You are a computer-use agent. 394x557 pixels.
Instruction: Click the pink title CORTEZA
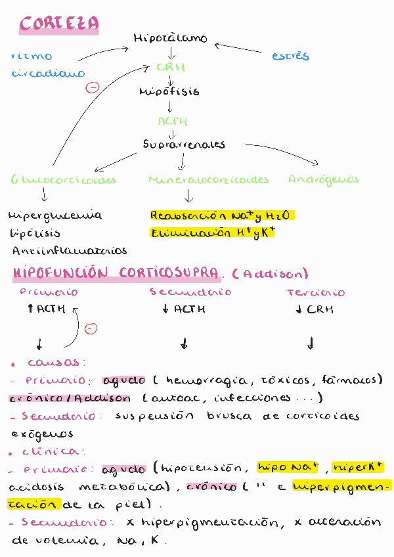59,24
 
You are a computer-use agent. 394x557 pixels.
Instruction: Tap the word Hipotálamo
170,39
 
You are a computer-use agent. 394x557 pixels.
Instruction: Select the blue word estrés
290,56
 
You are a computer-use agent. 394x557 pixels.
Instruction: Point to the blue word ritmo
32,56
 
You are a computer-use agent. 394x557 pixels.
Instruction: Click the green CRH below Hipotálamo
171,67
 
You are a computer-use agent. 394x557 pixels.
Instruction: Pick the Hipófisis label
169,92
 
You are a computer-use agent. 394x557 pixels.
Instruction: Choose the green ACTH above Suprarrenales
173,121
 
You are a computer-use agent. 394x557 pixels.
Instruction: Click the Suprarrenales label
184,145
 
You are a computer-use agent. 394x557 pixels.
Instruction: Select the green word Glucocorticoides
64,179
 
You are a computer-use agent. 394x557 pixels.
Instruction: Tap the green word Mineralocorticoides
209,179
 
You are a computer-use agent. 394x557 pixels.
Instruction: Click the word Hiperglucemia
55,215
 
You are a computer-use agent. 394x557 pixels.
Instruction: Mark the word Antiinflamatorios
70,250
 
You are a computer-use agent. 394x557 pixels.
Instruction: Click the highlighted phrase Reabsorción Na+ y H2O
222,215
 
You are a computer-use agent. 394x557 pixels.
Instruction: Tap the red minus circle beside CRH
93,87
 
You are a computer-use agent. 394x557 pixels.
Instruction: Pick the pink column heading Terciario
315,292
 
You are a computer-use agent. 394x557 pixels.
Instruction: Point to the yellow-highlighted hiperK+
358,468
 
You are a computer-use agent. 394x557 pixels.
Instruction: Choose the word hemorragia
197,380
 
